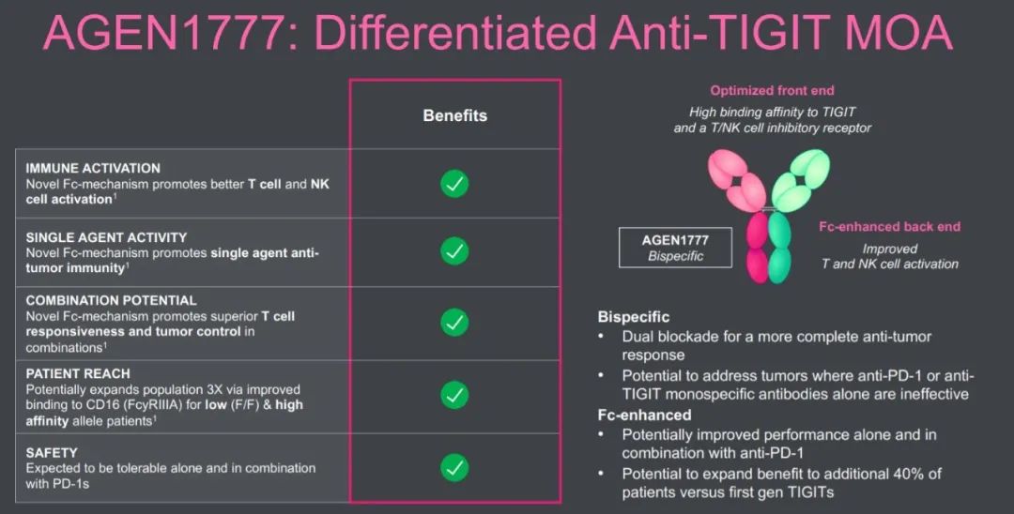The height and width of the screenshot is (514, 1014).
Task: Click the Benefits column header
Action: click(x=454, y=115)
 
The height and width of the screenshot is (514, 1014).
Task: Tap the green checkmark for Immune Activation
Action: click(x=454, y=184)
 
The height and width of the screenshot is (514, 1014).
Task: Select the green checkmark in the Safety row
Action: click(x=454, y=467)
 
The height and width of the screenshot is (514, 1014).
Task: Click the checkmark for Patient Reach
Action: click(x=454, y=395)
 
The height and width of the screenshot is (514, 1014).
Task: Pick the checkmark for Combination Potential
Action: click(x=454, y=323)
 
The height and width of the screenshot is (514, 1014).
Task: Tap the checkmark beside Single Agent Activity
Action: click(x=454, y=250)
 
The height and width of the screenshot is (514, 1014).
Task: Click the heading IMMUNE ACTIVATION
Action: click(x=93, y=169)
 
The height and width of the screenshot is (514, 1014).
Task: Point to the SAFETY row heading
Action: click(x=52, y=453)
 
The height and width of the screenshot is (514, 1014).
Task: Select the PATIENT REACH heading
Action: click(x=78, y=374)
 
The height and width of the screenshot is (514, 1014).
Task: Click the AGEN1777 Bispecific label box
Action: click(x=675, y=248)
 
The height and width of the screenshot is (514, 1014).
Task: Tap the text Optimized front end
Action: click(x=772, y=90)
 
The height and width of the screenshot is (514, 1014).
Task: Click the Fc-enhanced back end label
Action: click(x=890, y=227)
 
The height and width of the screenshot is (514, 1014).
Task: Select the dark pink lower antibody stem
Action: click(x=758, y=248)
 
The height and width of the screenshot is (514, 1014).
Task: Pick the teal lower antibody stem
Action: click(x=779, y=248)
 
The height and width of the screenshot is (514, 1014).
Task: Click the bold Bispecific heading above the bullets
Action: click(x=634, y=317)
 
